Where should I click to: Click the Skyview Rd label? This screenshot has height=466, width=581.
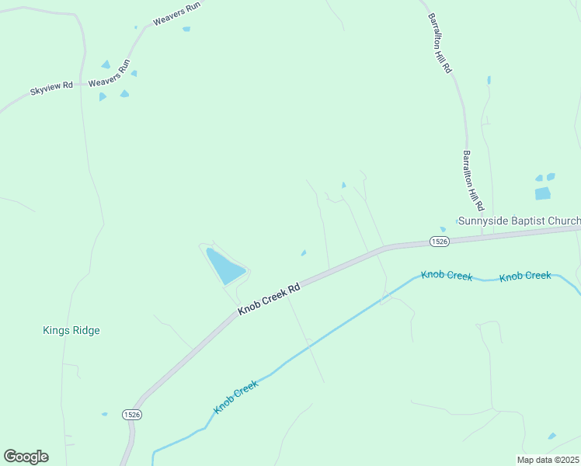coord(50,89)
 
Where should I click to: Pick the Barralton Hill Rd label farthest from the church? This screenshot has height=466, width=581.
coord(439,43)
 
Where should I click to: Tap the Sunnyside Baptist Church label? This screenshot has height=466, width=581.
coord(518,221)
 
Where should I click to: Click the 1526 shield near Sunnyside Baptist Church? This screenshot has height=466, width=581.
coord(439,242)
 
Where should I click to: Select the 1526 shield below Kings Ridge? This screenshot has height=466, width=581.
coord(131,416)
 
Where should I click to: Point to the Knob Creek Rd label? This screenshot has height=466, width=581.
coord(269,299)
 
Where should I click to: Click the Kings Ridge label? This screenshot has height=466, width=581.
coord(71,330)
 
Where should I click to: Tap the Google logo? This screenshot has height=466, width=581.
coord(26,457)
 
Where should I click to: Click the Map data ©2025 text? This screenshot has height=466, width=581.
coord(548,460)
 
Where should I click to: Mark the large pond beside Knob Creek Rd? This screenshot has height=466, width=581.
coord(225,266)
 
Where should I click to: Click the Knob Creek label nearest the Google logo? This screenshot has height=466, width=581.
coord(235,396)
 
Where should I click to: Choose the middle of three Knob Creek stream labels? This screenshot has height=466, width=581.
coord(447,276)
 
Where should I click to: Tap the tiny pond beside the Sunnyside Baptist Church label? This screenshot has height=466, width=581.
coord(443,229)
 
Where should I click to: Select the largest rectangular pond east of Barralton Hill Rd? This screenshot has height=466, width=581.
coord(542,193)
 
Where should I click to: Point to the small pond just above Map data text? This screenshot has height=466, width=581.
coord(551,436)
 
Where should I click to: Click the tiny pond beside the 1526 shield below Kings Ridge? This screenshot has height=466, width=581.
coord(104,414)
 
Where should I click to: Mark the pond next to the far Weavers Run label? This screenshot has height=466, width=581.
coord(186,30)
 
